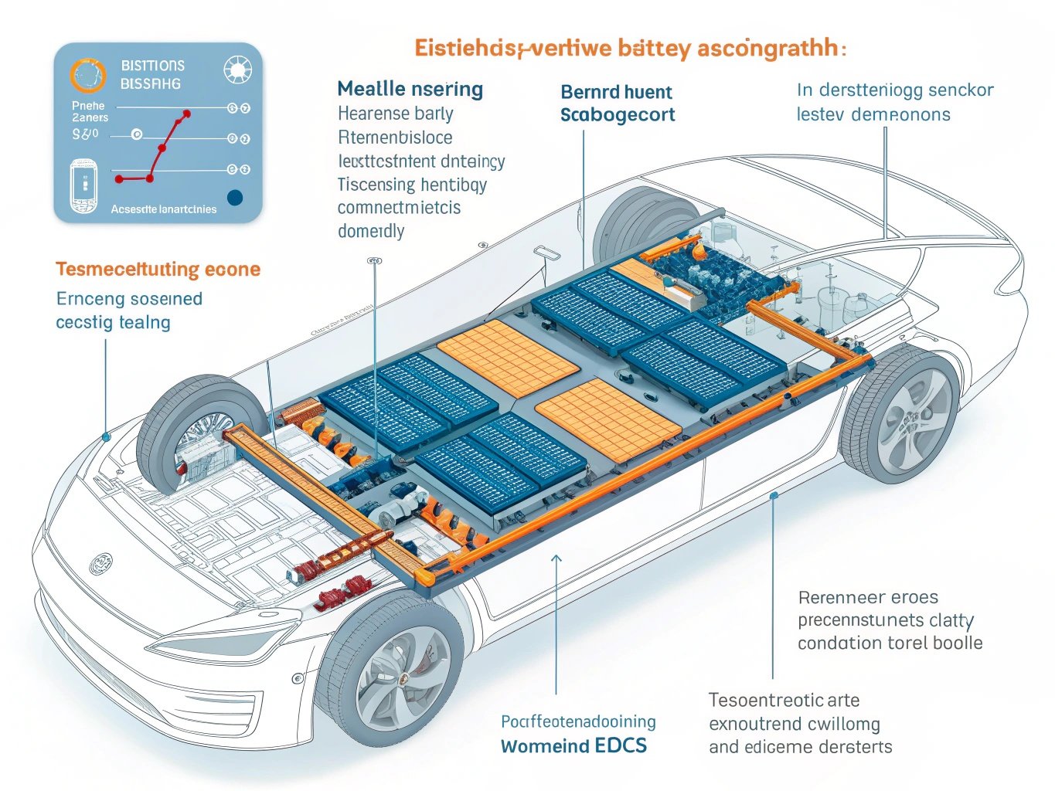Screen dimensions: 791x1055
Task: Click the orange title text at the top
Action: (x=630, y=49)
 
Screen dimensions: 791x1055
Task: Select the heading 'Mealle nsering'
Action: (x=410, y=89)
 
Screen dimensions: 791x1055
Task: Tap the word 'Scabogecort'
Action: (x=618, y=115)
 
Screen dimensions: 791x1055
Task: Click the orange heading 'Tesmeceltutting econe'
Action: (x=158, y=270)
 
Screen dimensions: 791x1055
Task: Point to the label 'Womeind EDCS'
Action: (x=573, y=746)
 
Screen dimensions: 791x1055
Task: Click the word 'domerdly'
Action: (x=371, y=231)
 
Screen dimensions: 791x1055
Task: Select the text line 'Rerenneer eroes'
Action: (x=868, y=597)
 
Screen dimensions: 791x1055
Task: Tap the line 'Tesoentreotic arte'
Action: (x=784, y=701)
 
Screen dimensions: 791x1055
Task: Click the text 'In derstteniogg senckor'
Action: (x=895, y=90)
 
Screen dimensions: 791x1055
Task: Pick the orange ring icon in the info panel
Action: (x=87, y=75)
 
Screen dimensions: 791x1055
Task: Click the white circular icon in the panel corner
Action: (x=237, y=70)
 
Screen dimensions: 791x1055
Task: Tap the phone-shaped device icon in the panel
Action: (x=83, y=185)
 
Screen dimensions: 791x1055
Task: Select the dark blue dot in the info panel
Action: (x=235, y=198)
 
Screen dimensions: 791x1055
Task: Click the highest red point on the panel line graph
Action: (x=186, y=114)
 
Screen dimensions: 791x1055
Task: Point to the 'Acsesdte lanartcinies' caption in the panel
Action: (x=163, y=209)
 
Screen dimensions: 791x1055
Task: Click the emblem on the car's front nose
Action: (x=100, y=563)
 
